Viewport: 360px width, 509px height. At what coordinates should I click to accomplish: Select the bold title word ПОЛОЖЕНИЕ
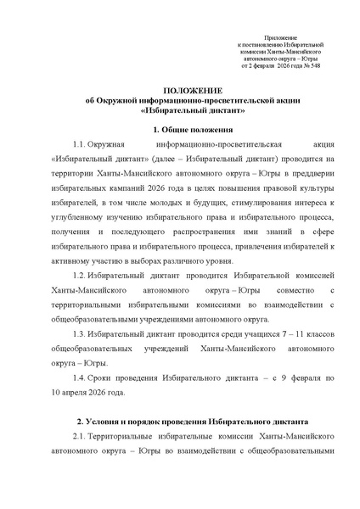coord(179,89)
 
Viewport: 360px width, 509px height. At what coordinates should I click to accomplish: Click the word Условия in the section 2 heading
coord(108,421)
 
